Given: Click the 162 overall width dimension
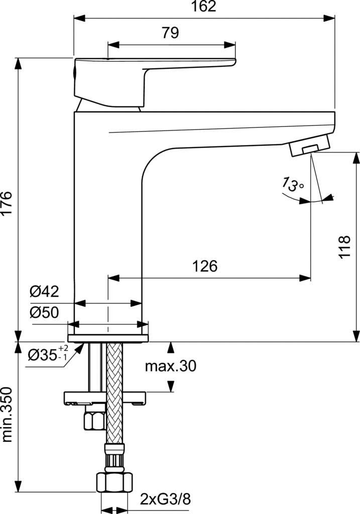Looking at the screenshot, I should (x=204, y=7).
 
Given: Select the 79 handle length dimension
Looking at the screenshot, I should (x=170, y=34).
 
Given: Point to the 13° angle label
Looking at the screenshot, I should (x=293, y=185).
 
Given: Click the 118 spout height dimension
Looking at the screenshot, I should (x=344, y=246).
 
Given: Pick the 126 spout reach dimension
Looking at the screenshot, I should (x=205, y=266).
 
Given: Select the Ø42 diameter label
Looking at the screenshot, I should (x=44, y=292).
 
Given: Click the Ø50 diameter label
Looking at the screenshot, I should (x=44, y=313).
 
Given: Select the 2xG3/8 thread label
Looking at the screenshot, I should (x=166, y=499).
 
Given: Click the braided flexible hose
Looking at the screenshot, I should (x=114, y=392).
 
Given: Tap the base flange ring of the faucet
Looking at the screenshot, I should (x=108, y=333).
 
